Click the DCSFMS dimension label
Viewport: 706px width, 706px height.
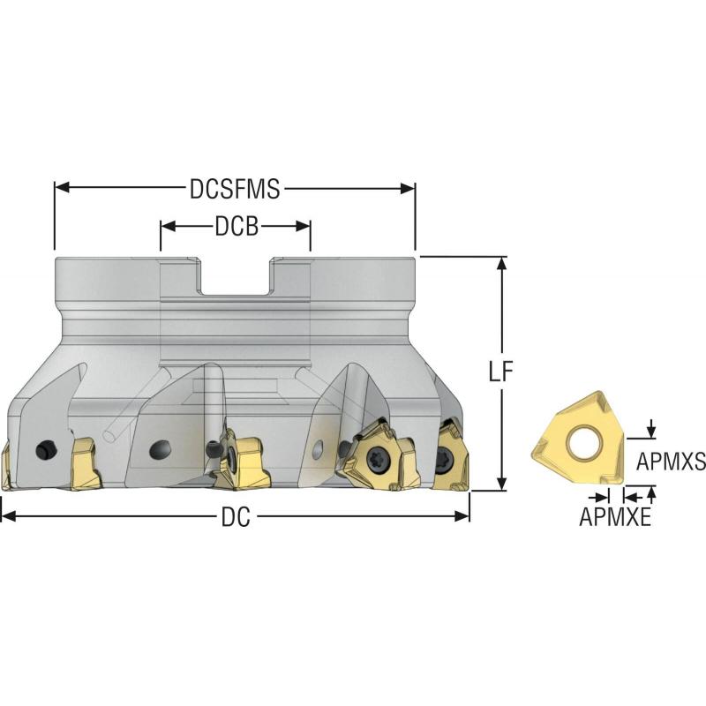[235, 188]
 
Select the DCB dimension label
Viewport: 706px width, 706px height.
[237, 227]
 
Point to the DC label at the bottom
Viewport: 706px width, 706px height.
[235, 518]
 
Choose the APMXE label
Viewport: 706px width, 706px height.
[615, 518]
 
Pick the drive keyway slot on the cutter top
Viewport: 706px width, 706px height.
[235, 281]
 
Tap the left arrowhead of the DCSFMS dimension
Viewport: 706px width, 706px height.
[61, 187]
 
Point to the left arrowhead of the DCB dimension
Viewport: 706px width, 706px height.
[166, 226]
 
